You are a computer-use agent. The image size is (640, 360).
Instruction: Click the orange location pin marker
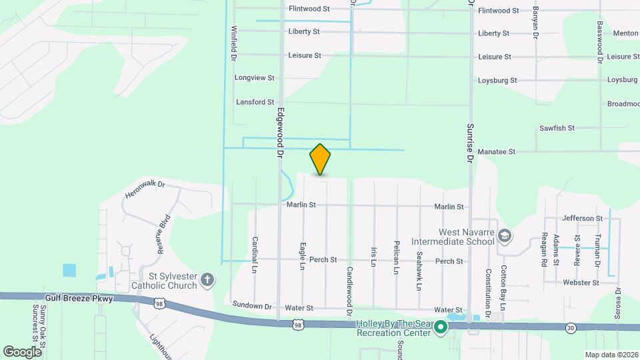click(320, 159)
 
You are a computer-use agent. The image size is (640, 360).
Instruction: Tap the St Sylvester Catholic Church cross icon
click(207, 279)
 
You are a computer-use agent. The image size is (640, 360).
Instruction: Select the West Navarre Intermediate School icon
click(505, 235)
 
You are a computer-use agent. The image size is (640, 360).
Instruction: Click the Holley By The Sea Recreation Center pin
click(440, 327)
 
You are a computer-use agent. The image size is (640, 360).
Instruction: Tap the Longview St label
click(255, 78)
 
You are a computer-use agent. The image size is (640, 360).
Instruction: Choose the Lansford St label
click(255, 102)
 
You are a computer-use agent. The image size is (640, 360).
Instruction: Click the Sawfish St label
click(557, 128)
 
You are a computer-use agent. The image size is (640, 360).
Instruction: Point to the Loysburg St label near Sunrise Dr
click(497, 81)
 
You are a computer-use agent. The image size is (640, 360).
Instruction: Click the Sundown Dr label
click(253, 305)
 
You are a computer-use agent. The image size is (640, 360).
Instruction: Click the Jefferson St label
click(582, 218)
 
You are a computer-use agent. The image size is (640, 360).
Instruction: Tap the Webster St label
click(581, 283)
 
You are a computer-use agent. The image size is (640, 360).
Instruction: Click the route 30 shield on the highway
click(571, 327)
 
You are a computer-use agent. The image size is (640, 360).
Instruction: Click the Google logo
click(22, 351)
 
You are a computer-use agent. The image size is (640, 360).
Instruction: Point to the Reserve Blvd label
click(164, 234)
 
